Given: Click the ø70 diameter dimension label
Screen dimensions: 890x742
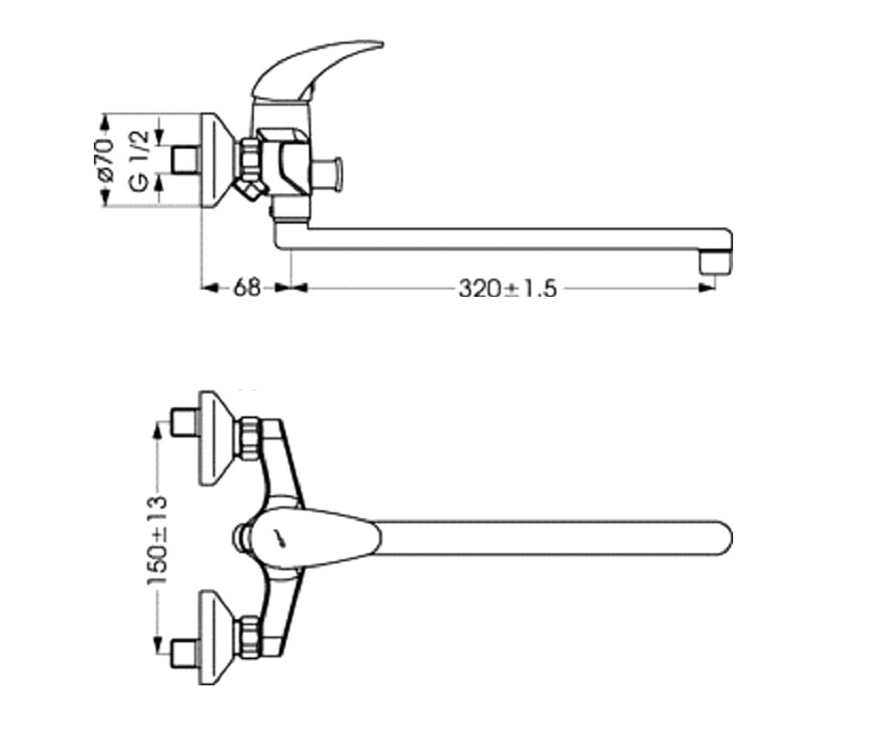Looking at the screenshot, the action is pos(107,159).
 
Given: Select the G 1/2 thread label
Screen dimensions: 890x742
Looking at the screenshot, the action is pos(139,161).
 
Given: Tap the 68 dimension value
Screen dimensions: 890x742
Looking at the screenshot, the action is pos(246,288).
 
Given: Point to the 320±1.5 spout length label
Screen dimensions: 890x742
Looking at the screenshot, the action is pos(507,289).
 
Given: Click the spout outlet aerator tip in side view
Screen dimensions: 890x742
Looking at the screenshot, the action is pos(716,261).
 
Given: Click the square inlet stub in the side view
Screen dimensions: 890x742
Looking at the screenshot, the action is pos(185,160).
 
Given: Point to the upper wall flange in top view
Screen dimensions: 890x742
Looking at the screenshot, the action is pos(217,439).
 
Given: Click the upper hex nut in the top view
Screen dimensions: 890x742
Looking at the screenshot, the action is pos(249,439).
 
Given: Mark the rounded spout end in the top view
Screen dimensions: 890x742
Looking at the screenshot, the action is pos(722,538).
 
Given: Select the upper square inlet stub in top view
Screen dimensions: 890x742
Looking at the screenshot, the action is pos(185,422).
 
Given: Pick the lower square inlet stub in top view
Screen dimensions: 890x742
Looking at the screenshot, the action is pos(185,654).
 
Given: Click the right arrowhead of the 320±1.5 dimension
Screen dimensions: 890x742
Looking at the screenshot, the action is pos(707,289).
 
